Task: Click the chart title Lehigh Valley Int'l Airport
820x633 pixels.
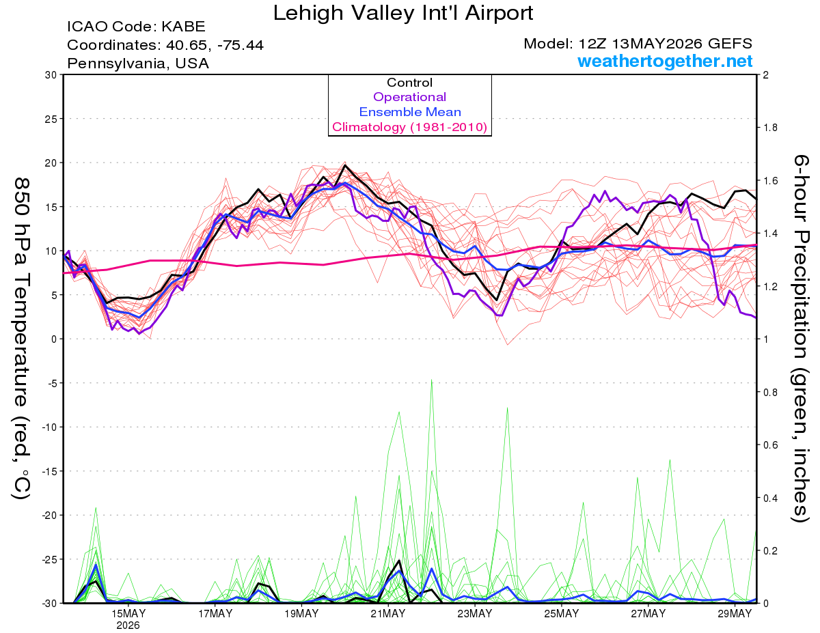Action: [402, 13]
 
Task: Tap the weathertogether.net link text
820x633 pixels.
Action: [665, 61]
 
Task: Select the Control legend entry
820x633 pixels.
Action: [409, 83]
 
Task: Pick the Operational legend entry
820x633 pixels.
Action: [409, 97]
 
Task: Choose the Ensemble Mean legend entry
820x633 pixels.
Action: [410, 112]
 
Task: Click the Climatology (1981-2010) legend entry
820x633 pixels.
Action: [410, 127]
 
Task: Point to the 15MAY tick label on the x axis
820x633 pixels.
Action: [128, 614]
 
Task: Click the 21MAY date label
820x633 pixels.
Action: [388, 614]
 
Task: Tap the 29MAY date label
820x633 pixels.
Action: [735, 614]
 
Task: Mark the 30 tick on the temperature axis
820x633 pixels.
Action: [51, 75]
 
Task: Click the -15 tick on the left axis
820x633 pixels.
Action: [49, 471]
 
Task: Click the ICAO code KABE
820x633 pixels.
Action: [183, 27]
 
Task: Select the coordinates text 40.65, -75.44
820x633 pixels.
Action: [215, 45]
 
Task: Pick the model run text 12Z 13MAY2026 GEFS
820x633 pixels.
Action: [665, 44]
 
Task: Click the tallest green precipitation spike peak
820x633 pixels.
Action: [431, 380]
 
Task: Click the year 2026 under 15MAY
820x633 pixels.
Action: [128, 626]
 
